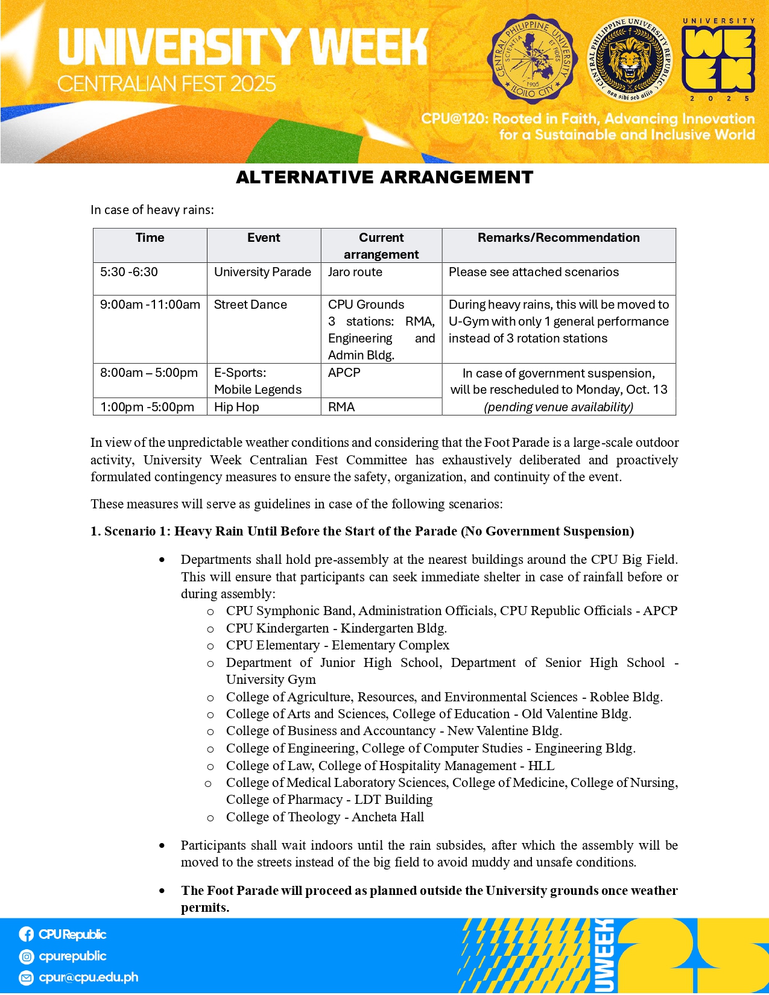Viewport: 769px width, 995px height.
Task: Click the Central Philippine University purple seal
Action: point(532,59)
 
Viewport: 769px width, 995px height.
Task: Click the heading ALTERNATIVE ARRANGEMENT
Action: point(384,177)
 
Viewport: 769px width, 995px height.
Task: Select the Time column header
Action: point(150,238)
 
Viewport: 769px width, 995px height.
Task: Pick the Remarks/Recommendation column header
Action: point(559,238)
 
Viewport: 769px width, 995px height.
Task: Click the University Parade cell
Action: point(262,272)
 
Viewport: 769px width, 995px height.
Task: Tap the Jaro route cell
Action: point(355,272)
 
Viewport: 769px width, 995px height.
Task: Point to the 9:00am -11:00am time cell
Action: point(150,305)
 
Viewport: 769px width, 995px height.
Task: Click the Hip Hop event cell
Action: point(236,407)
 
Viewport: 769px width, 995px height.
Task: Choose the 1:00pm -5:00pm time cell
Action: point(147,407)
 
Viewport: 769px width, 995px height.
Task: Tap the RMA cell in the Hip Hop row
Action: point(341,407)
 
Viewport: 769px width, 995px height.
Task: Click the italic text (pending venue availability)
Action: point(559,407)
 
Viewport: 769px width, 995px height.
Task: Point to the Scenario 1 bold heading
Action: point(362,531)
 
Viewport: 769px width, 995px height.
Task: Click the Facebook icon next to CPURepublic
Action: point(26,934)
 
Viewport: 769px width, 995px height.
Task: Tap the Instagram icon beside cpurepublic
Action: point(26,956)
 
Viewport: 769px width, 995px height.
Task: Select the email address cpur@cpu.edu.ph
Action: point(88,977)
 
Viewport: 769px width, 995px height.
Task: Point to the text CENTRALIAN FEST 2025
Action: point(166,84)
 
